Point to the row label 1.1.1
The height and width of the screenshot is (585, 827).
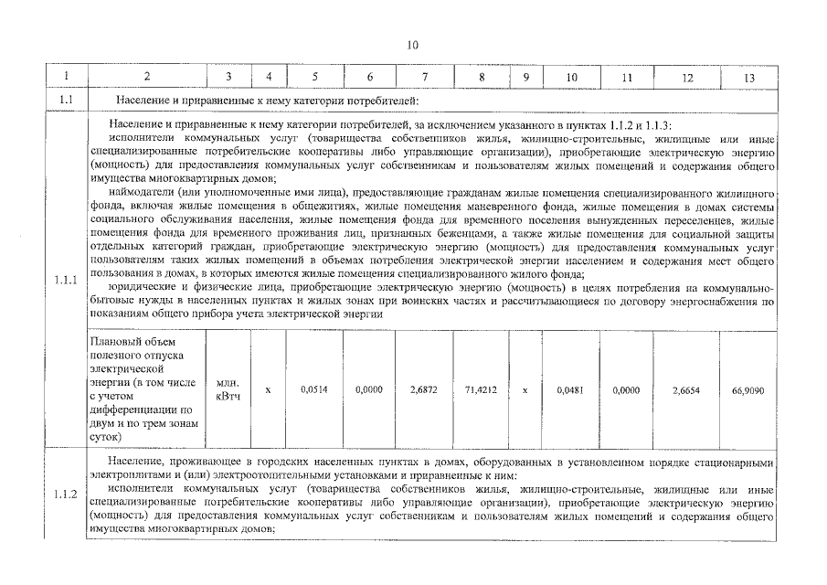(65, 280)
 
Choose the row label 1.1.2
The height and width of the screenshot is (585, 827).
(65, 495)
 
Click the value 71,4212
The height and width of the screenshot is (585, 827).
(481, 389)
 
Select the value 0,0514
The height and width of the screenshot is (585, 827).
(314, 389)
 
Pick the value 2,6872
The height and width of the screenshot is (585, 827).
(425, 389)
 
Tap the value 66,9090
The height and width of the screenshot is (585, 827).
(748, 389)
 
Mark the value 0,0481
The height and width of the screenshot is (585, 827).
(570, 389)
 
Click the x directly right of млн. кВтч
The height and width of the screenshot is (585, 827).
(268, 389)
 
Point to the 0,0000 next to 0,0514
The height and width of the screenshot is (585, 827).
(369, 389)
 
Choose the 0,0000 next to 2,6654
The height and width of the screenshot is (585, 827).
(627, 389)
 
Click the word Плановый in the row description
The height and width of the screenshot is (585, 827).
(115, 342)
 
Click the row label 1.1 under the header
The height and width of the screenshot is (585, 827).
(65, 100)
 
